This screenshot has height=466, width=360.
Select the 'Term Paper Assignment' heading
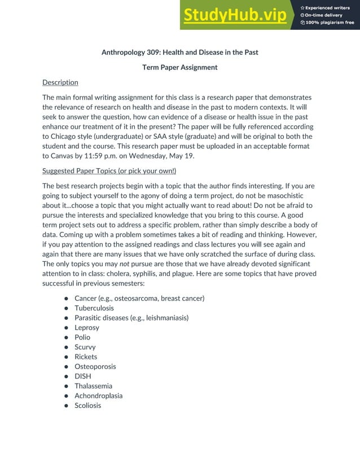[180, 67]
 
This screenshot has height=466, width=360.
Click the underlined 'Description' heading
[60, 82]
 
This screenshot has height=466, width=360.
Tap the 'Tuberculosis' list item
[94, 308]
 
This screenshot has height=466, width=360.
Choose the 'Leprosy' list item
[87, 327]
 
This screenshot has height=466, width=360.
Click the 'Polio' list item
[82, 337]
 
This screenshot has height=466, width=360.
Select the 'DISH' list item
[83, 376]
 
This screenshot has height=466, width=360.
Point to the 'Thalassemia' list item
[93, 386]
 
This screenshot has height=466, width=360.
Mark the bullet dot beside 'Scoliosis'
[66, 406]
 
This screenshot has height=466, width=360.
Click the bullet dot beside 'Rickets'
[66, 357]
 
